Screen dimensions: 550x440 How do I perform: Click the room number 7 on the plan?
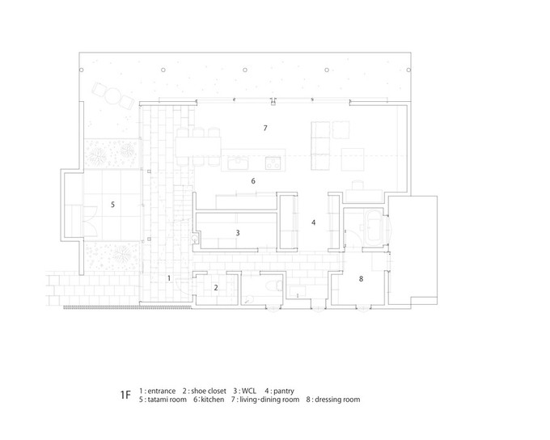265,128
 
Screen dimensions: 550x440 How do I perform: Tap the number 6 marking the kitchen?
253,181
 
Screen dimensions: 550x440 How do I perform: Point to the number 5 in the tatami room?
112,204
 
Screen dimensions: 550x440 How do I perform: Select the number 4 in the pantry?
314,222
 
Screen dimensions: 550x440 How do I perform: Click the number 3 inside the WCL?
238,233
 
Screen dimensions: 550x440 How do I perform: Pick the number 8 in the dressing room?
361,278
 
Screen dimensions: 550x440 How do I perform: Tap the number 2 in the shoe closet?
216,287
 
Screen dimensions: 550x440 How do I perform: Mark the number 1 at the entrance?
169,278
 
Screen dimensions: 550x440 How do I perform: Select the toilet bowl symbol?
273,286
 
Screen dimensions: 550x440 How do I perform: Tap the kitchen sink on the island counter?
238,163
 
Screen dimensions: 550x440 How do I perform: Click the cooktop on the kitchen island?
273,163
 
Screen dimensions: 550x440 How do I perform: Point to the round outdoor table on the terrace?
113,95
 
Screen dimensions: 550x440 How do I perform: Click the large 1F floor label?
125,395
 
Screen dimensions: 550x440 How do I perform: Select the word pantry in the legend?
284,391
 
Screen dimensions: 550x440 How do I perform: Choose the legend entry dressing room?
337,400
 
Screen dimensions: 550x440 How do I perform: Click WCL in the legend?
248,391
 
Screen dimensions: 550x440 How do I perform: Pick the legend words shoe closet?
209,391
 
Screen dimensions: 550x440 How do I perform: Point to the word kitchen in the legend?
213,400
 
